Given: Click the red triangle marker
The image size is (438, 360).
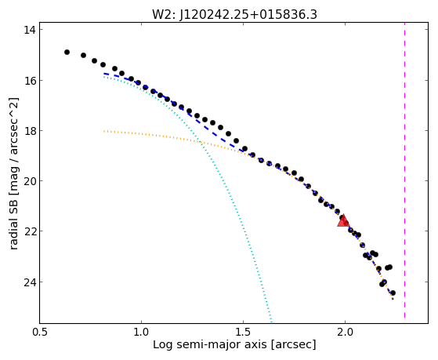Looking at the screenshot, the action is (343, 220).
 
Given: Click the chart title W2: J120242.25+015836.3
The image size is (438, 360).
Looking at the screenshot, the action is (234, 15).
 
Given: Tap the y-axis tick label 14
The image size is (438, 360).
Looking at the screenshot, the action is (29, 30).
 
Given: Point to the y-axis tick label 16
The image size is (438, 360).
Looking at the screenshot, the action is (29, 80).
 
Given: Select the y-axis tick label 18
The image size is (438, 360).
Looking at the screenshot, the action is (29, 131).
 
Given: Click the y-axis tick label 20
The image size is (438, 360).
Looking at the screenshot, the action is (29, 181).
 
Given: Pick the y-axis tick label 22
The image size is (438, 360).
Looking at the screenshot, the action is (29, 231).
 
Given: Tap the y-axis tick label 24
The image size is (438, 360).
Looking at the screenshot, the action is (29, 282).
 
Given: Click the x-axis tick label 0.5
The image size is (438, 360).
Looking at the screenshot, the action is (39, 332).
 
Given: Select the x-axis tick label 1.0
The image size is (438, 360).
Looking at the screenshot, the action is (141, 332).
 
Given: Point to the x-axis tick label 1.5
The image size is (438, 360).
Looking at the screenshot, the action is (244, 332).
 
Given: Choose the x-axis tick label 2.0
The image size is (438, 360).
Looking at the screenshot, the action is (346, 332).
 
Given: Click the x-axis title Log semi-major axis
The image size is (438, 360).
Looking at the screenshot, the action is (210, 344).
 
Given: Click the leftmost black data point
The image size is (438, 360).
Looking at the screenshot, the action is (67, 52).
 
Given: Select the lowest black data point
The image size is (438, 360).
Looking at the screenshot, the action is (393, 293).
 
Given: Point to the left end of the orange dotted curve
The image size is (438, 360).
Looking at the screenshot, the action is (103, 131).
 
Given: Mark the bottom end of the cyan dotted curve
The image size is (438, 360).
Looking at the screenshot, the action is (271, 321).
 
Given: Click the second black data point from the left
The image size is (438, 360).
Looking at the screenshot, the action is (83, 55).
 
